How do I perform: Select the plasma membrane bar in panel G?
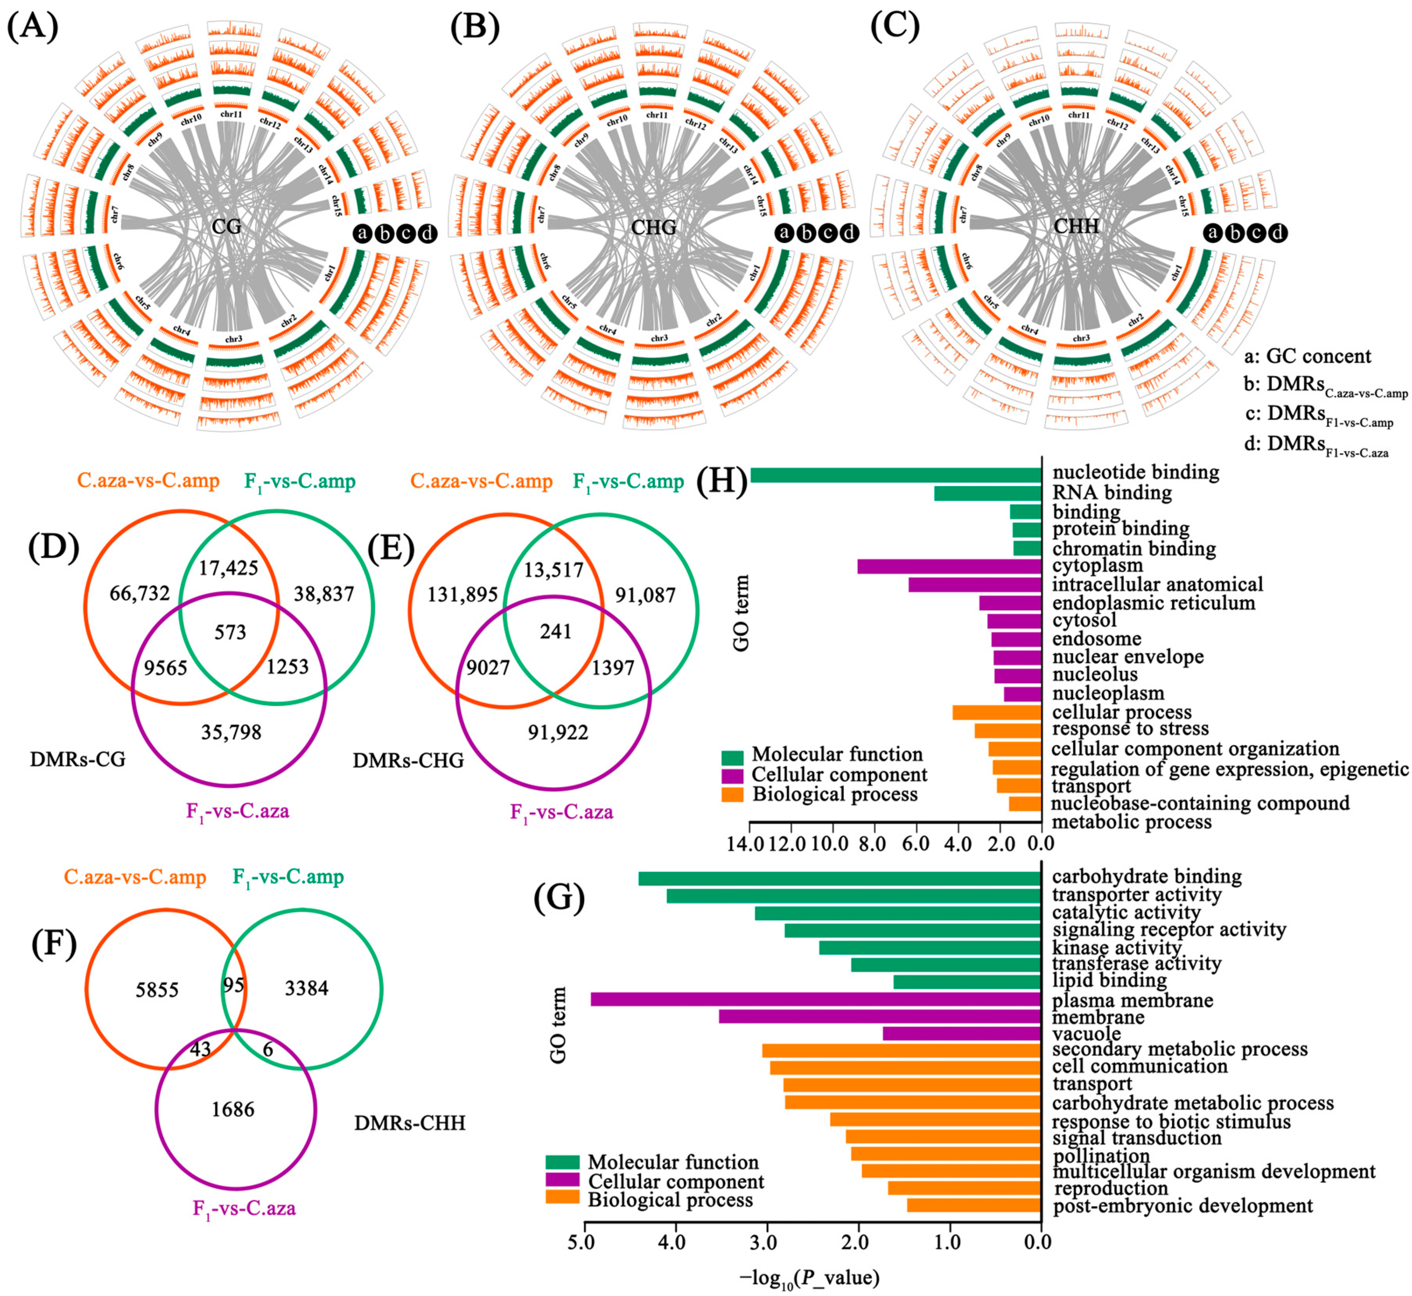[x=816, y=999]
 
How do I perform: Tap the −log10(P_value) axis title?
[x=809, y=1278]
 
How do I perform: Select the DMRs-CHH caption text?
[x=410, y=1123]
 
